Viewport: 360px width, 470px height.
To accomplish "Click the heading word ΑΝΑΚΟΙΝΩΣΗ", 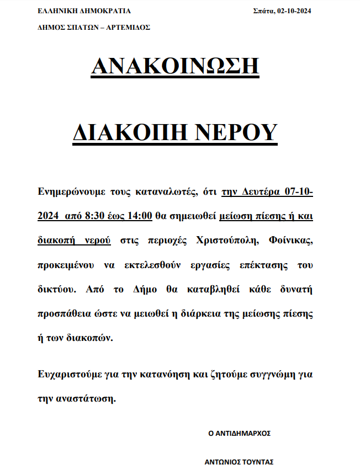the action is (175, 67).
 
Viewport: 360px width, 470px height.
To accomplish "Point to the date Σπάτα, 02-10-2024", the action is (282, 10).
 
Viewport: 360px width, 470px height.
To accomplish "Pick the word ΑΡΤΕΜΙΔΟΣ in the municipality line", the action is (130, 27).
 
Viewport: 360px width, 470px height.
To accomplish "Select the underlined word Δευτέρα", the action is (262, 191).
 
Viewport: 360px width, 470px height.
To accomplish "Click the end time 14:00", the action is (139, 216).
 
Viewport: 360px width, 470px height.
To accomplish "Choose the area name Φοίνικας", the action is (291, 241).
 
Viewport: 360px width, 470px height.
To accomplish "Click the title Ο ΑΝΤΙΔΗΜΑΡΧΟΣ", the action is (239, 433).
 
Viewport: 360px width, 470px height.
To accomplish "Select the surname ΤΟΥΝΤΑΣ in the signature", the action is (257, 462).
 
